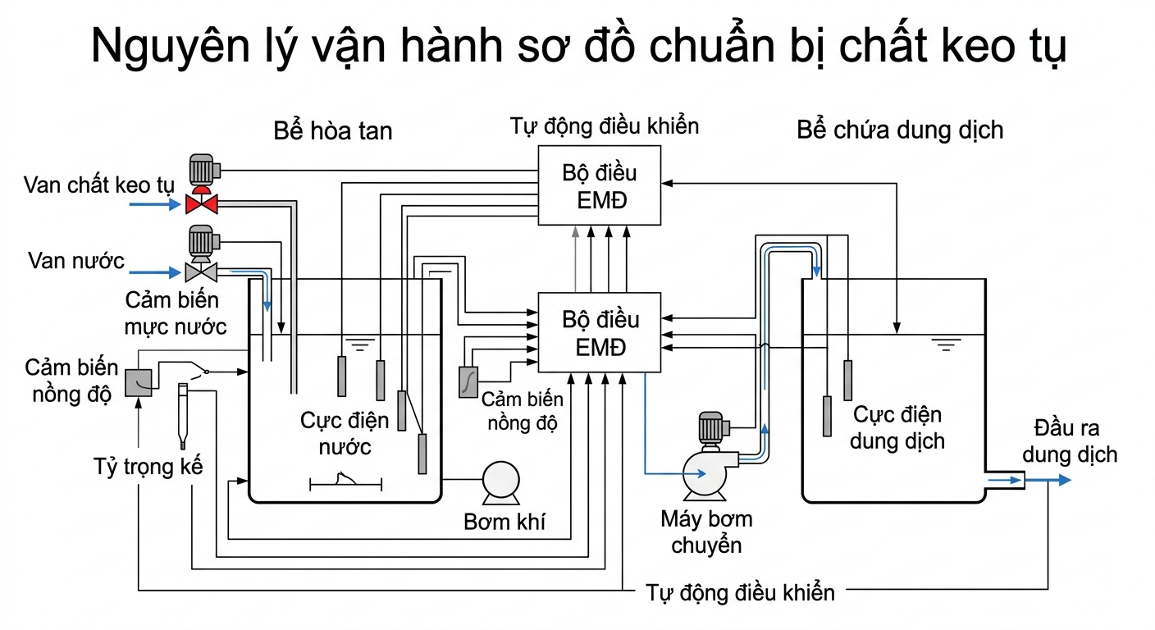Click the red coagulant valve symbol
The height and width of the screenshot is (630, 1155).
pyautogui.click(x=201, y=203)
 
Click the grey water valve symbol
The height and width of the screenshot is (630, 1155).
pyautogui.click(x=201, y=272)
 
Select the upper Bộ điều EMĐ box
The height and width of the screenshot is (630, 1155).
pyautogui.click(x=599, y=185)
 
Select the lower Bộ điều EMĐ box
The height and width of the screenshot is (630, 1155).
pyautogui.click(x=599, y=332)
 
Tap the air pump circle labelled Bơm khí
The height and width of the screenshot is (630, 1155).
pyautogui.click(x=500, y=480)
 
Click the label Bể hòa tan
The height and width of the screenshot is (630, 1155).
pyautogui.click(x=332, y=131)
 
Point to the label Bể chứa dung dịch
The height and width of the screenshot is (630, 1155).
pyautogui.click(x=900, y=130)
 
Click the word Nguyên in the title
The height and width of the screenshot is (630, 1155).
pyautogui.click(x=170, y=48)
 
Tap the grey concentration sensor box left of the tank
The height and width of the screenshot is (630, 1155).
pyautogui.click(x=139, y=382)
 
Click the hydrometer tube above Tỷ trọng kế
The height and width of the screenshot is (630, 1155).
pyautogui.click(x=182, y=416)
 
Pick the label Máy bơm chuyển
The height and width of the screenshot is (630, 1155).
pyautogui.click(x=706, y=532)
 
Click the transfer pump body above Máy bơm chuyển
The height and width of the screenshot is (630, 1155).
pyautogui.click(x=705, y=472)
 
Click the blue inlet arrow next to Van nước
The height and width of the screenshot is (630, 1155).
pyautogui.click(x=155, y=272)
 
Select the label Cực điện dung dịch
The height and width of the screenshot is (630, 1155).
pyautogui.click(x=897, y=428)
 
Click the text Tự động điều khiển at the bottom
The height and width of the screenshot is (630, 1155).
pyautogui.click(x=740, y=593)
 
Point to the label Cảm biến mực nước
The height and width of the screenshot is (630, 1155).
pyautogui.click(x=176, y=313)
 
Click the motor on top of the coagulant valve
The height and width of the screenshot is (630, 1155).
pyautogui.click(x=202, y=169)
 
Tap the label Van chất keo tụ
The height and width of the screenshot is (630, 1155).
pyautogui.click(x=99, y=185)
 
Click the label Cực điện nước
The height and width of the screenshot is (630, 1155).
pyautogui.click(x=345, y=434)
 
